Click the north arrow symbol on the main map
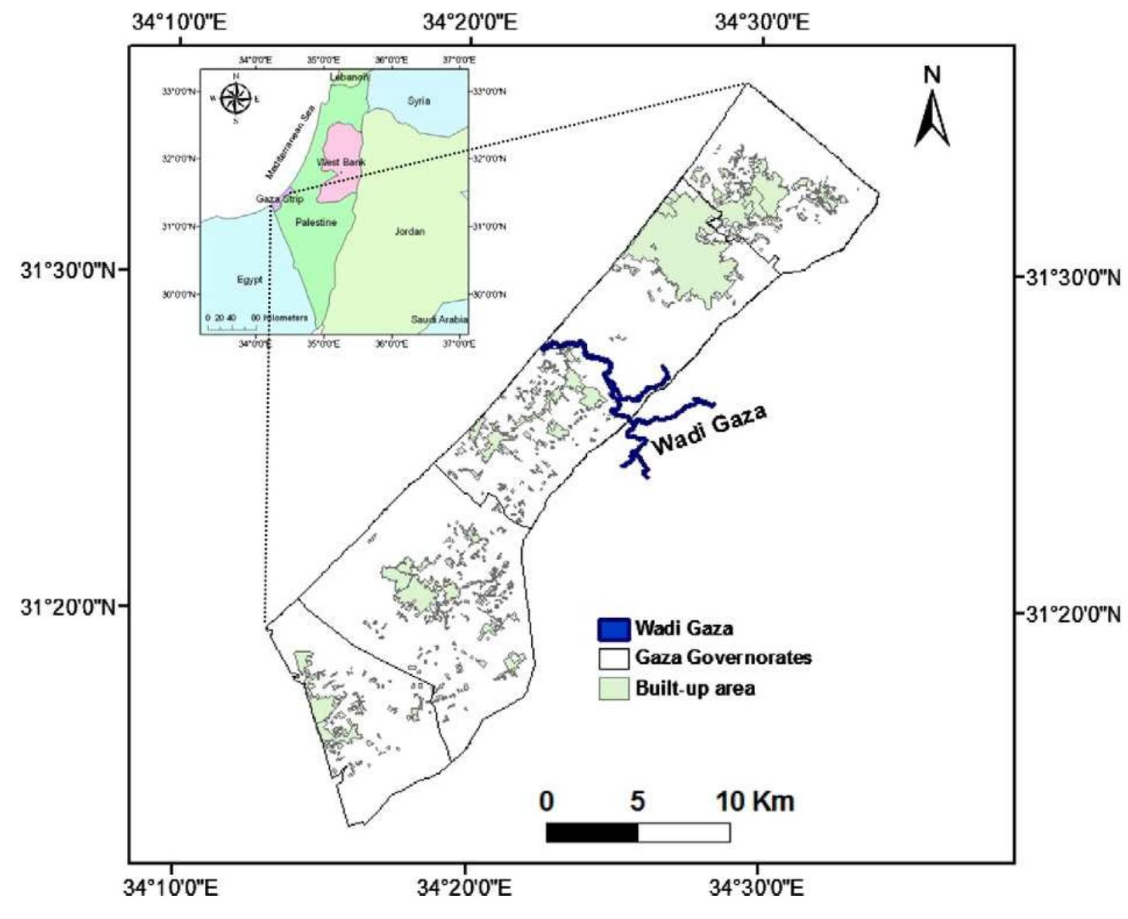[932, 116]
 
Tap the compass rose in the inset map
[235, 98]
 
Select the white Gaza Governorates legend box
[613, 658]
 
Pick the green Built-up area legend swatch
[613, 688]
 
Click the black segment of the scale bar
[592, 832]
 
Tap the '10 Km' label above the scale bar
[755, 801]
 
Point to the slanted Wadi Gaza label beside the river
[709, 430]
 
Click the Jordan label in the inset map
[410, 231]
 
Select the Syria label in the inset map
[418, 101]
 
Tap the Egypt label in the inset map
[250, 279]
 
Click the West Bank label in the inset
[341, 162]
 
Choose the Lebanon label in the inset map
[349, 77]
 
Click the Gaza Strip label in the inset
[279, 199]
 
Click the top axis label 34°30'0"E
[762, 22]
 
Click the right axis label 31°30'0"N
[1072, 278]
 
